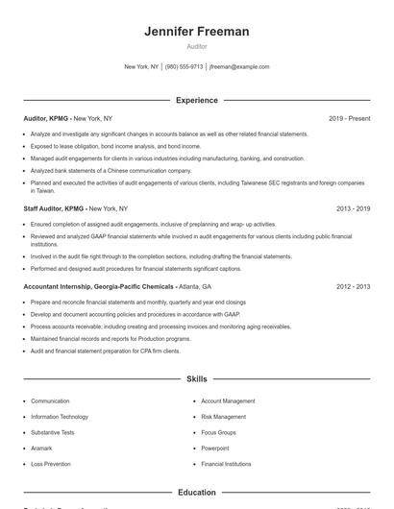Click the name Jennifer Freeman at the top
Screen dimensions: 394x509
pyautogui.click(x=196, y=32)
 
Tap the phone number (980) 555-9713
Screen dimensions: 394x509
pyautogui.click(x=184, y=67)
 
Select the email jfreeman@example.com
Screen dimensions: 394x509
pyautogui.click(x=239, y=67)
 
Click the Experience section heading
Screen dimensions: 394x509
pyautogui.click(x=196, y=100)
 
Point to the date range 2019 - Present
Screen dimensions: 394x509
pyautogui.click(x=349, y=118)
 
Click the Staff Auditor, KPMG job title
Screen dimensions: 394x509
pyautogui.click(x=54, y=207)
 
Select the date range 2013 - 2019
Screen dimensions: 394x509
pyautogui.click(x=353, y=207)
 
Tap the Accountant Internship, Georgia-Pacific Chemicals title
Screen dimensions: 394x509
pyautogui.click(x=98, y=286)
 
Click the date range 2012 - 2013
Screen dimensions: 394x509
pyautogui.click(x=353, y=286)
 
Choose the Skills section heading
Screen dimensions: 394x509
pyautogui.click(x=196, y=380)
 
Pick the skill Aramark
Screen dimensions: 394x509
pyautogui.click(x=42, y=448)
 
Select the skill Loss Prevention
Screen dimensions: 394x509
pyautogui.click(x=51, y=464)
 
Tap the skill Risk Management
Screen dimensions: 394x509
pyautogui.click(x=223, y=417)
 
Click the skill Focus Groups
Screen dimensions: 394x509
pyautogui.click(x=219, y=432)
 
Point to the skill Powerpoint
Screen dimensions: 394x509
pyautogui.click(x=215, y=448)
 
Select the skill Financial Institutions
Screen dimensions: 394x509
pyautogui.click(x=226, y=464)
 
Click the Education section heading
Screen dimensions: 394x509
pyautogui.click(x=196, y=492)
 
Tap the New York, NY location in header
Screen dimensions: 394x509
pyautogui.click(x=141, y=67)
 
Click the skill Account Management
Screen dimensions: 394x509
pyautogui.click(x=228, y=400)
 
